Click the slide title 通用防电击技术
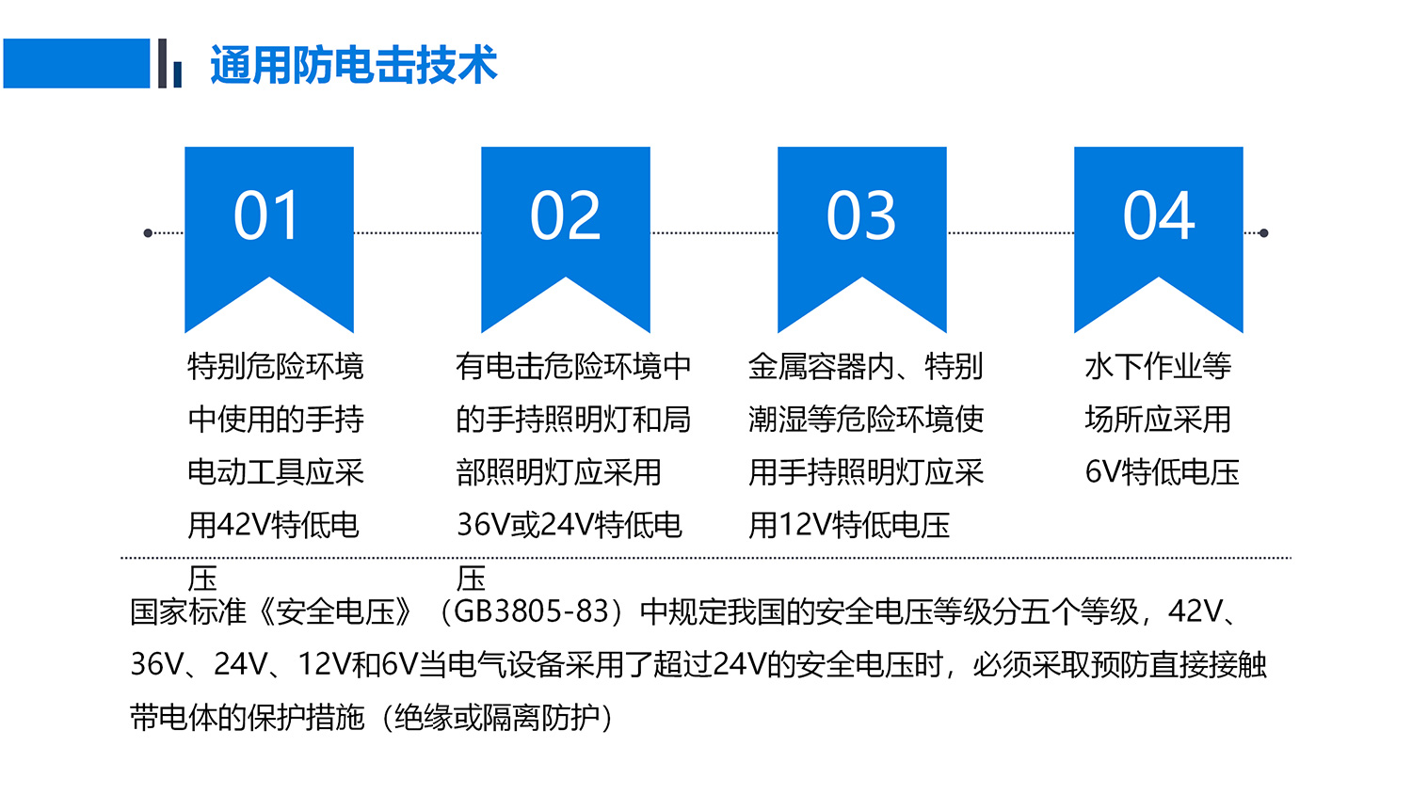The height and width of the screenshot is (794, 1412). click(x=354, y=64)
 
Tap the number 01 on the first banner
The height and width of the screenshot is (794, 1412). click(x=266, y=215)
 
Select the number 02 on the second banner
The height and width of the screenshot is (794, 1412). click(x=566, y=215)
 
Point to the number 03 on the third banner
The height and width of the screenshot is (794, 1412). click(x=861, y=215)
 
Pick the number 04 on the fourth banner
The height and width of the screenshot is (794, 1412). click(x=1159, y=215)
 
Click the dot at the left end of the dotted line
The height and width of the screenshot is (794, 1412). click(x=148, y=233)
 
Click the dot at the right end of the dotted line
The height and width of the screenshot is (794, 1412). click(x=1264, y=233)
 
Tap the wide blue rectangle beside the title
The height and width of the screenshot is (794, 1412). click(x=76, y=64)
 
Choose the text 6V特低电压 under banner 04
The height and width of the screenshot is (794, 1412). click(x=1162, y=471)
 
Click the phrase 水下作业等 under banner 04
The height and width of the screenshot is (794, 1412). click(x=1158, y=366)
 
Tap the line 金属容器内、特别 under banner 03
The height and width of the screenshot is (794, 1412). click(x=865, y=366)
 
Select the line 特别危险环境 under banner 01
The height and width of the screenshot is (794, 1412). click(x=276, y=366)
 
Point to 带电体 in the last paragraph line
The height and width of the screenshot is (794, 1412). click(x=173, y=717)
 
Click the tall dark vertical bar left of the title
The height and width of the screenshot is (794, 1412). click(x=162, y=64)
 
